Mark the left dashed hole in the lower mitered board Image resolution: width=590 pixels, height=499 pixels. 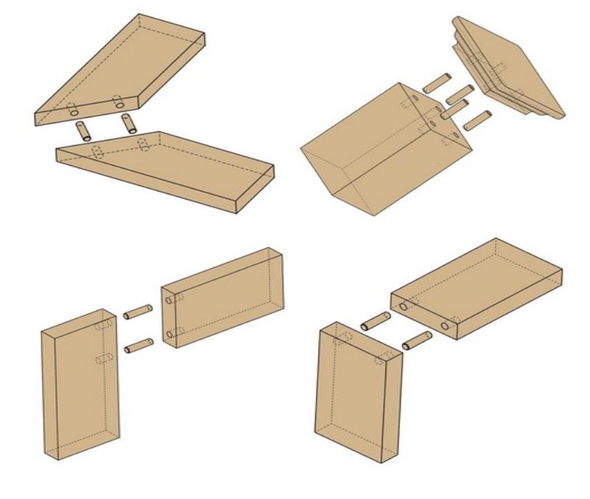tap(97, 153)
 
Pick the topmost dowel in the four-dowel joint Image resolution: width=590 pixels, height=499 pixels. tap(437, 84)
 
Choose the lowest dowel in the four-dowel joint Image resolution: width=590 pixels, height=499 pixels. tap(476, 121)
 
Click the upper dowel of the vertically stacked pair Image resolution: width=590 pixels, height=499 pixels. tap(137, 312)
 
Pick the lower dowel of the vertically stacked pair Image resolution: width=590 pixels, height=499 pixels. tap(138, 345)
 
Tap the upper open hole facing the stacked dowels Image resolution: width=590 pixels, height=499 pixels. tap(168, 299)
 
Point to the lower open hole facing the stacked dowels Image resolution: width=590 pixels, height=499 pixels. tap(169, 335)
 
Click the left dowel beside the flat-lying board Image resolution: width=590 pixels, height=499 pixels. tap(376, 320)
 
